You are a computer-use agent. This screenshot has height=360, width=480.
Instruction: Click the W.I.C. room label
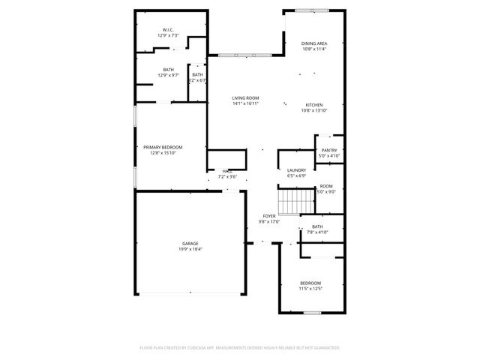[x=168, y=31]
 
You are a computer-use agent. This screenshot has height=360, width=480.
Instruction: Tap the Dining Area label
[x=313, y=44]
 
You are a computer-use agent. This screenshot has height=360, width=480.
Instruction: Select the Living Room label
[x=245, y=98]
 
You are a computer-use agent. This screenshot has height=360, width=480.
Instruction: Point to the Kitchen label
[x=313, y=104]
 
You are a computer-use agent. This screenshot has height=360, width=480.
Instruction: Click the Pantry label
[x=328, y=150]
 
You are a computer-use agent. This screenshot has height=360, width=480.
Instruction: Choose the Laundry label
[x=296, y=170]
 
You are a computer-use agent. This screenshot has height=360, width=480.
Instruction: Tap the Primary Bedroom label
[x=163, y=147]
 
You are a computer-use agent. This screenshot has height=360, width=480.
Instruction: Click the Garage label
[x=190, y=243]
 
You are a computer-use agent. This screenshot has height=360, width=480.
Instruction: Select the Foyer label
[x=268, y=216]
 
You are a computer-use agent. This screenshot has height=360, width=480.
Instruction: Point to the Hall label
[x=226, y=172]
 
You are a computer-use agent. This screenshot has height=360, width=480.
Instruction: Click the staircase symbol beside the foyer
[x=295, y=200]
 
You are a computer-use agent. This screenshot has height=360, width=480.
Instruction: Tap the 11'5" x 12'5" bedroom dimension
[x=310, y=288]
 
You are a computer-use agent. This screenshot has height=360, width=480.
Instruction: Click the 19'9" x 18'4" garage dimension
[x=190, y=249]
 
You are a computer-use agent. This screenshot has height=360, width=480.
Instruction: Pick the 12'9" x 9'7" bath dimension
[x=168, y=75]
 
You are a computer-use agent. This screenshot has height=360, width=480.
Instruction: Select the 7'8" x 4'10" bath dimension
[x=317, y=232]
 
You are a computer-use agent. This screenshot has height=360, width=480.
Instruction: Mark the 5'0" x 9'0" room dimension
[x=325, y=191]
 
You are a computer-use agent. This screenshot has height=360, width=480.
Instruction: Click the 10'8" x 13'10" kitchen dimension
[x=313, y=110]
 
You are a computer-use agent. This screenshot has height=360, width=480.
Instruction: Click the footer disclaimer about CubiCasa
[x=240, y=347]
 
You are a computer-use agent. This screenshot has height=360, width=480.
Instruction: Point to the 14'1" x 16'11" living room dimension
[x=245, y=104]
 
